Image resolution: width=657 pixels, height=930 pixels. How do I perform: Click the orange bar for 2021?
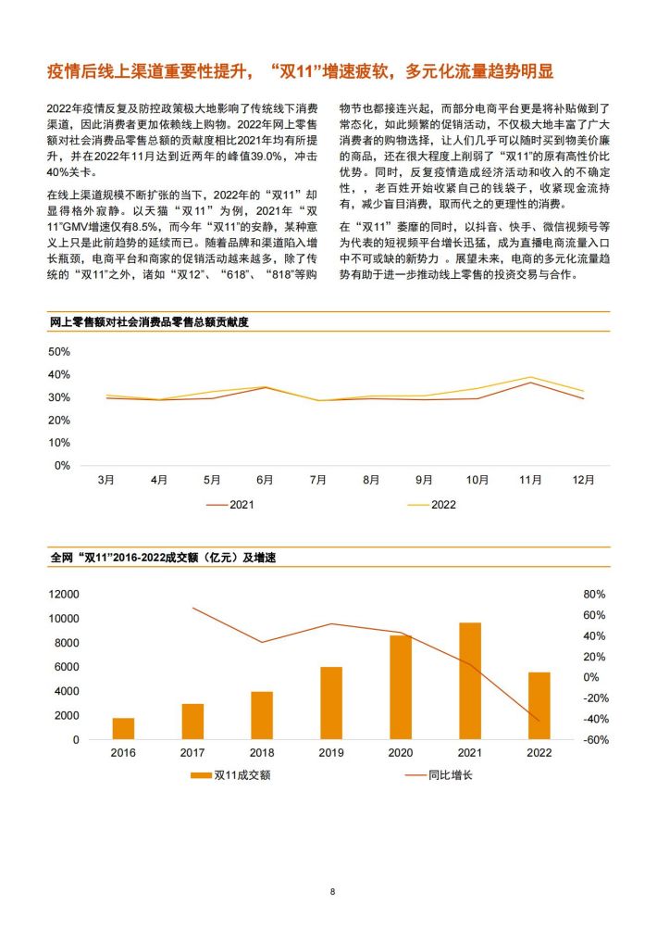point(470,681)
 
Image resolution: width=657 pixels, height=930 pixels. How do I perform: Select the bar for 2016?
point(123,729)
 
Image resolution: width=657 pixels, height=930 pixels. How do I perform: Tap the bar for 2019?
point(331,703)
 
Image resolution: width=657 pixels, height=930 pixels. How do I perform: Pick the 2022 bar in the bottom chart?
point(539,706)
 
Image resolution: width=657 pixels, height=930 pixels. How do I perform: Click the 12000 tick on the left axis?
point(64,595)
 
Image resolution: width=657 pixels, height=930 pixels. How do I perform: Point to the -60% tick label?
point(596,739)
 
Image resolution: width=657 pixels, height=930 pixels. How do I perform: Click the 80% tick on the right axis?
point(594,595)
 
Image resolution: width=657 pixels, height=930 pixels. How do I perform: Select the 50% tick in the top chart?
point(58,352)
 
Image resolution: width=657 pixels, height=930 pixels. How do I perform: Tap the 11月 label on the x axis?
point(530,480)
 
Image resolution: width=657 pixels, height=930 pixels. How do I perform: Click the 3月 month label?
point(106,480)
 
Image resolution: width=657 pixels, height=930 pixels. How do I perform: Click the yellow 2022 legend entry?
point(432,505)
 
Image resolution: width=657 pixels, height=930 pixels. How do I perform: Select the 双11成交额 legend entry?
point(230,775)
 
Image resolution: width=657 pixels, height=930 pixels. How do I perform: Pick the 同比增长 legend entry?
point(439,775)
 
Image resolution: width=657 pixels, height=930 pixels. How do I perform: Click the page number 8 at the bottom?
point(332,891)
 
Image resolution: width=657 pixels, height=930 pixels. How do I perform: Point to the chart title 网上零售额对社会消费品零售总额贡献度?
point(149,322)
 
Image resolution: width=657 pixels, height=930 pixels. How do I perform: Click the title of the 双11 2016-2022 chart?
point(163,558)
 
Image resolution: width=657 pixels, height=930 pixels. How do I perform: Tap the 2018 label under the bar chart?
point(262,753)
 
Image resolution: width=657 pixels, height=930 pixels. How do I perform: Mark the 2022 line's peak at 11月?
point(530,377)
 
